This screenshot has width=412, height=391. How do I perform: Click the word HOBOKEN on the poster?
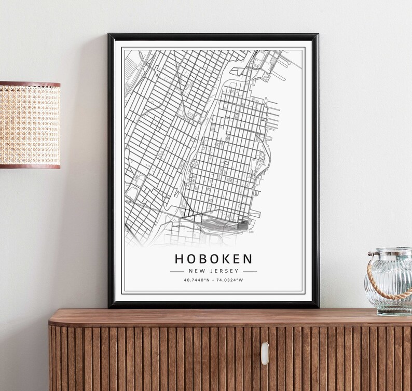point(213,258)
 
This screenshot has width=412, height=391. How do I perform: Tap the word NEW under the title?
point(197,271)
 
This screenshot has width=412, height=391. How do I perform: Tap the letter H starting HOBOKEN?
point(179,258)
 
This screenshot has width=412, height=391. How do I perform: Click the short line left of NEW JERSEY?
point(177,271)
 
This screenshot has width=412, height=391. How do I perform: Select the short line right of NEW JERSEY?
point(250,271)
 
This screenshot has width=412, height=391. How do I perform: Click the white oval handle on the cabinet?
point(265,353)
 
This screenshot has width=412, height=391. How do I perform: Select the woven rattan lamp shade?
point(30,124)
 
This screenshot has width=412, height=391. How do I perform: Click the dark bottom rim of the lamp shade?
point(30,166)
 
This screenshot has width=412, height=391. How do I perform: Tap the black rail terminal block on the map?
point(243,225)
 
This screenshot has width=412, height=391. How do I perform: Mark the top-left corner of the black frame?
point(109,35)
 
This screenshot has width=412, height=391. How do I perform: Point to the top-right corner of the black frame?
point(317,35)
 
